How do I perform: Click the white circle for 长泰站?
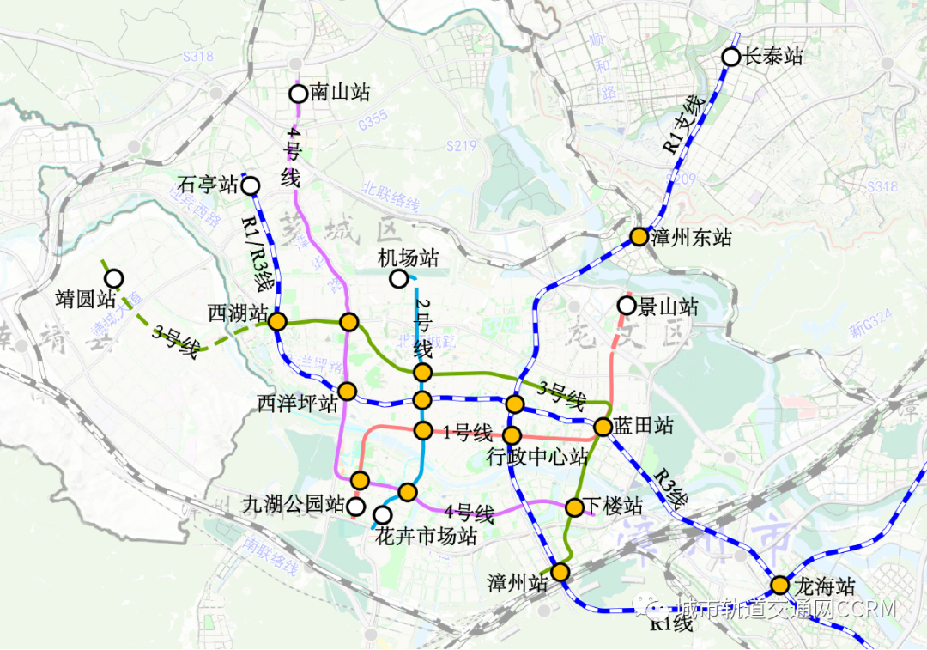pyautogui.click(x=730, y=57)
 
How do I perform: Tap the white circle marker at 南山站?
pyautogui.click(x=298, y=94)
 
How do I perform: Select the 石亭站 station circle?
pyautogui.click(x=251, y=185)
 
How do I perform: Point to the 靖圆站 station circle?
pyautogui.click(x=113, y=278)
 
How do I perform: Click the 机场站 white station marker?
pyautogui.click(x=398, y=278)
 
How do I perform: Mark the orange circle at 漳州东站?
pyautogui.click(x=639, y=237)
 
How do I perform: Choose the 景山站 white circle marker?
pyautogui.click(x=627, y=306)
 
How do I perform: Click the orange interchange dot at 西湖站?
pyautogui.click(x=277, y=321)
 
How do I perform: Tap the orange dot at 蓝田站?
pyautogui.click(x=603, y=426)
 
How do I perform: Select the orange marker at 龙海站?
pyautogui.click(x=779, y=586)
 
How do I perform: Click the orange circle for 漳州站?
pyautogui.click(x=560, y=571)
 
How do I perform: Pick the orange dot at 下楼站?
pyautogui.click(x=575, y=507)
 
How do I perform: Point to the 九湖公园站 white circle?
pyautogui.click(x=355, y=505)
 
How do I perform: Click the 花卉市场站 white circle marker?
pyautogui.click(x=384, y=514)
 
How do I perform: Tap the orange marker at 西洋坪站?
pyautogui.click(x=347, y=392)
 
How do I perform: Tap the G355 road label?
pyautogui.click(x=374, y=125)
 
